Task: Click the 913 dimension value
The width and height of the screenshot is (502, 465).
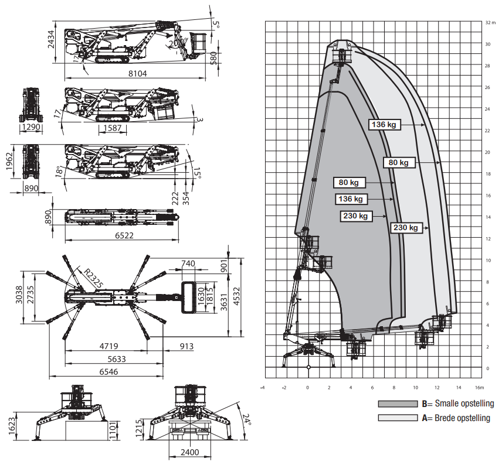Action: [x=186, y=347]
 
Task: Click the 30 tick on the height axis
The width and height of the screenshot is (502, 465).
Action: [x=488, y=44]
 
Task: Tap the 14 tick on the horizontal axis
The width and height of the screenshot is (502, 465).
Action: [x=459, y=387]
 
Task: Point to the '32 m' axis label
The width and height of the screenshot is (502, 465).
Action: [x=491, y=22]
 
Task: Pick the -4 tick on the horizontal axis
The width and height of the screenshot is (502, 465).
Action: [x=262, y=387]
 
